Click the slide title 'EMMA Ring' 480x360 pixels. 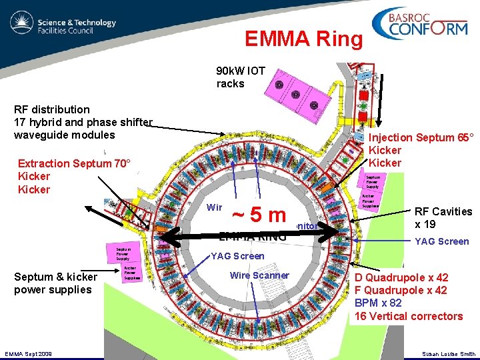[303, 39]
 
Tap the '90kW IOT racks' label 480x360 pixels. [240, 77]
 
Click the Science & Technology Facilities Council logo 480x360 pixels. [63, 27]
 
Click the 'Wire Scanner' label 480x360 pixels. [259, 275]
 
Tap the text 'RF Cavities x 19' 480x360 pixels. [443, 218]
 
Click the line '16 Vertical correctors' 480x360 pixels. [409, 316]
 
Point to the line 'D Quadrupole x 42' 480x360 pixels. [401, 277]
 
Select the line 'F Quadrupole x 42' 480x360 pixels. [401, 290]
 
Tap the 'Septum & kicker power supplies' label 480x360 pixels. [55, 283]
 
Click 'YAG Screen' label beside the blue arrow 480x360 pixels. [442, 241]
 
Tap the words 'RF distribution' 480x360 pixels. [52, 109]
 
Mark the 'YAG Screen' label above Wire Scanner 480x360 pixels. [237, 256]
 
